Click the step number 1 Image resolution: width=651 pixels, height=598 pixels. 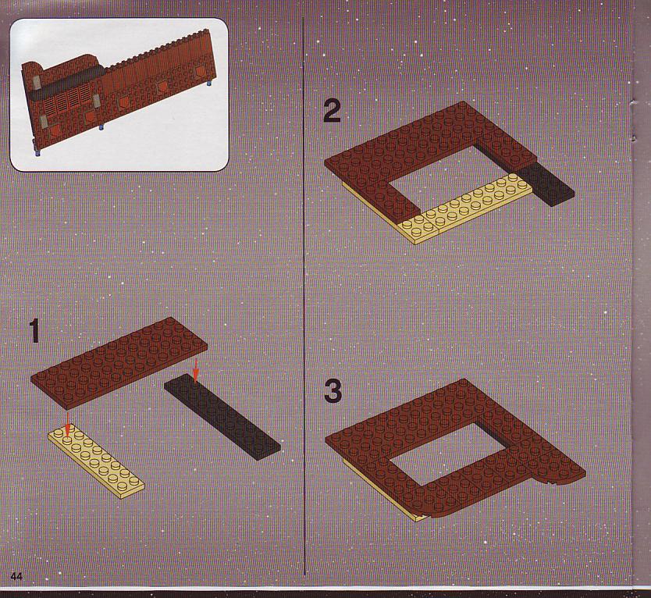(x=35, y=331)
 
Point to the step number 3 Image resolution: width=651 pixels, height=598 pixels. (x=333, y=391)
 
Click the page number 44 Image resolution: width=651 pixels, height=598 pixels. (x=16, y=576)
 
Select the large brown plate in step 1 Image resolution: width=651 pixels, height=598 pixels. (x=119, y=362)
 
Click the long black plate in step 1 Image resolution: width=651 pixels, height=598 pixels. (x=222, y=417)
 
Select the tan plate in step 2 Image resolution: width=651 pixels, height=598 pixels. (x=465, y=208)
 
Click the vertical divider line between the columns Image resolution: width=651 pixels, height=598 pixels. (x=304, y=296)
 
